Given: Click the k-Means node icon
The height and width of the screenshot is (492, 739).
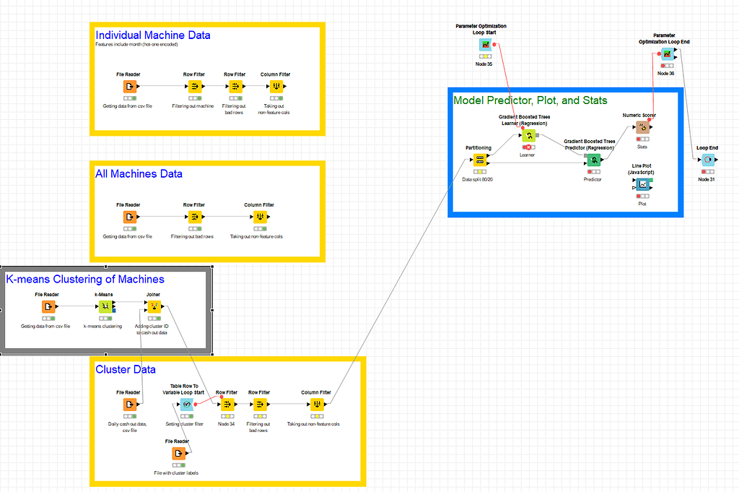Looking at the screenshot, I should [105, 306].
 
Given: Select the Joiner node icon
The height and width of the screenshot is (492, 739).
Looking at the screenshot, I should [153, 306].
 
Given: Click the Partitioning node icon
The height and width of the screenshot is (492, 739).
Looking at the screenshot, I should [480, 160].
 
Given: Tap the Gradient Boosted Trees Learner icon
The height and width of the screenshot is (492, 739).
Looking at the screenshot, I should [528, 136].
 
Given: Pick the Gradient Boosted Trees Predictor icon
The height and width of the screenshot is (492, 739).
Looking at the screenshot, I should [592, 160].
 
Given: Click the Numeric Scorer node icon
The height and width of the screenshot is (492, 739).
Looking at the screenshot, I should [642, 127].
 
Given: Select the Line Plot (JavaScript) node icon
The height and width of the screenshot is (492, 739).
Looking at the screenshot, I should [642, 184].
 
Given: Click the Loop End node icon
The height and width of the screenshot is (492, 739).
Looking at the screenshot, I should [707, 160].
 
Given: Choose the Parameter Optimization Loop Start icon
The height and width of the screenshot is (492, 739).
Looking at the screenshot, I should [485, 45].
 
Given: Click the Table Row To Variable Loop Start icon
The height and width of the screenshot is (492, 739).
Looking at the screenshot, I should [186, 405].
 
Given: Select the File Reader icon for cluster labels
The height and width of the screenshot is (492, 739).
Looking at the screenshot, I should [178, 453].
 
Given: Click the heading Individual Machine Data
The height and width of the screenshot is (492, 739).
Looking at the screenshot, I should [153, 35].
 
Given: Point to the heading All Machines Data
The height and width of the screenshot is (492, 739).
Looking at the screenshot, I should [139, 173].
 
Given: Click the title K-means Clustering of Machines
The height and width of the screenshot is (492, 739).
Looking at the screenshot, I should [85, 279].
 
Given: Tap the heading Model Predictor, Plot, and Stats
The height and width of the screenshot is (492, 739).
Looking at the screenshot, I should [530, 100].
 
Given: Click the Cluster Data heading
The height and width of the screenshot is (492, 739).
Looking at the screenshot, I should [126, 369].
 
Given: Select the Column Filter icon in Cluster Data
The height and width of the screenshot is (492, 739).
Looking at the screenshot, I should [315, 405].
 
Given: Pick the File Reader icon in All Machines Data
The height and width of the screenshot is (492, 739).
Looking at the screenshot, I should [129, 217].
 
